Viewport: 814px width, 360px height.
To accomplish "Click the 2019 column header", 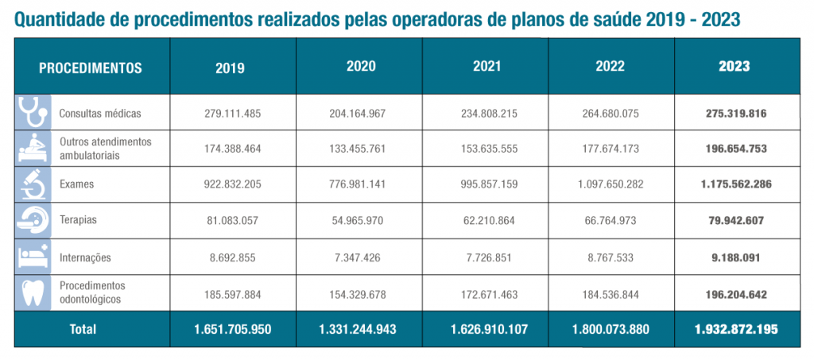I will [231, 68].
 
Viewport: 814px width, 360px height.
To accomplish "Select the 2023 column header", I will [734, 67].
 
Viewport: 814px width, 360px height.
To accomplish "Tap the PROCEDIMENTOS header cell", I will [91, 68].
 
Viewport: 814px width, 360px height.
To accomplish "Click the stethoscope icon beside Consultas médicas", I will [33, 112].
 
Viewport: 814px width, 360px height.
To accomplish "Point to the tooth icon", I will [33, 293].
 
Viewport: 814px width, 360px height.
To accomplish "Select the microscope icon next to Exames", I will [33, 184].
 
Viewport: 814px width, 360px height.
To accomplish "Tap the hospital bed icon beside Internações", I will [33, 257].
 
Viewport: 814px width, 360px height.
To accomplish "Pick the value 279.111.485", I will [231, 114].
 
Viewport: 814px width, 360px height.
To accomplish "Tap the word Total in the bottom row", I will [83, 328].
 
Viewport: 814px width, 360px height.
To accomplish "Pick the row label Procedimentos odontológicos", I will [92, 292].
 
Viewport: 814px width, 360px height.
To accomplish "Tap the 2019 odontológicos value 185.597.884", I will [231, 294].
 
